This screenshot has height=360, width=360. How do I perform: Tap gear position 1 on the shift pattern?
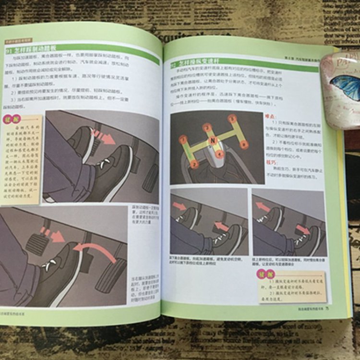click(183, 140)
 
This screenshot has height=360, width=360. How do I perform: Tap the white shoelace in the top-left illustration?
click(104, 164)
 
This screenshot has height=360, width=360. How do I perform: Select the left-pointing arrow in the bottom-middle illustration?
click(221, 226)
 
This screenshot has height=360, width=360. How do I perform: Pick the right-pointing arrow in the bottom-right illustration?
click(303, 229)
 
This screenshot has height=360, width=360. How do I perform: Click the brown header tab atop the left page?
click(20, 41)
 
